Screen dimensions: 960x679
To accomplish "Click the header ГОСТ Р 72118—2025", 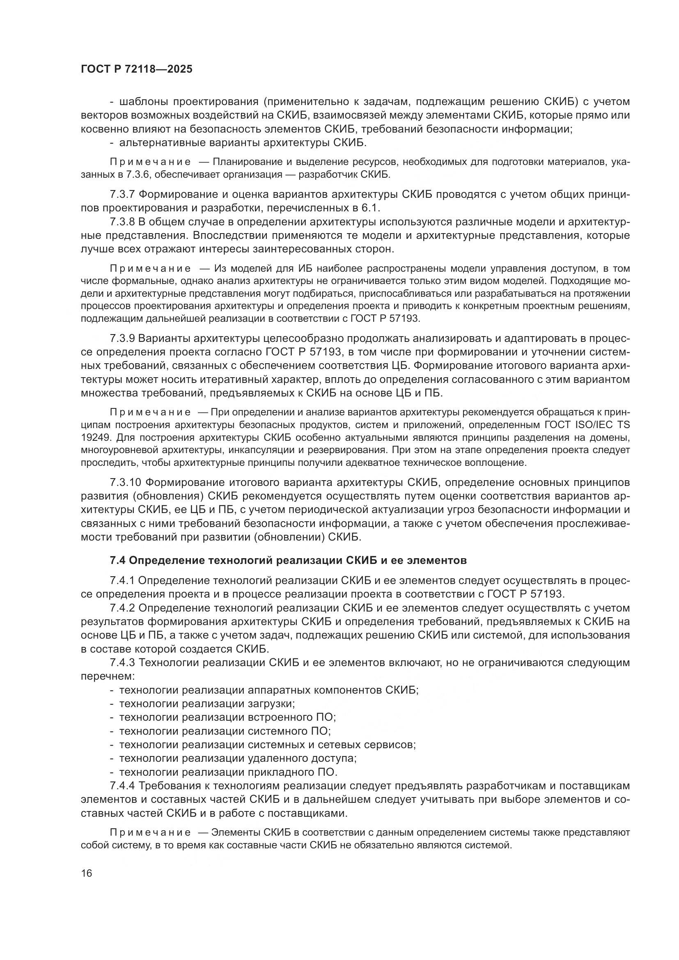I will [137, 69].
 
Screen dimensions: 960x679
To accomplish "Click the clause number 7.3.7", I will [122, 195].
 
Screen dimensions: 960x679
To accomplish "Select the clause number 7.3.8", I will [122, 222].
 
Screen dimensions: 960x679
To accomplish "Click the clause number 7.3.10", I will [125, 483].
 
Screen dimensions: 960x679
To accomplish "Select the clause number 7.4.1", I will [122, 580].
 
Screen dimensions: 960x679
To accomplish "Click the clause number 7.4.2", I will [122, 608].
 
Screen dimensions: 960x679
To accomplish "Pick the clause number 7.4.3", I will [122, 663].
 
